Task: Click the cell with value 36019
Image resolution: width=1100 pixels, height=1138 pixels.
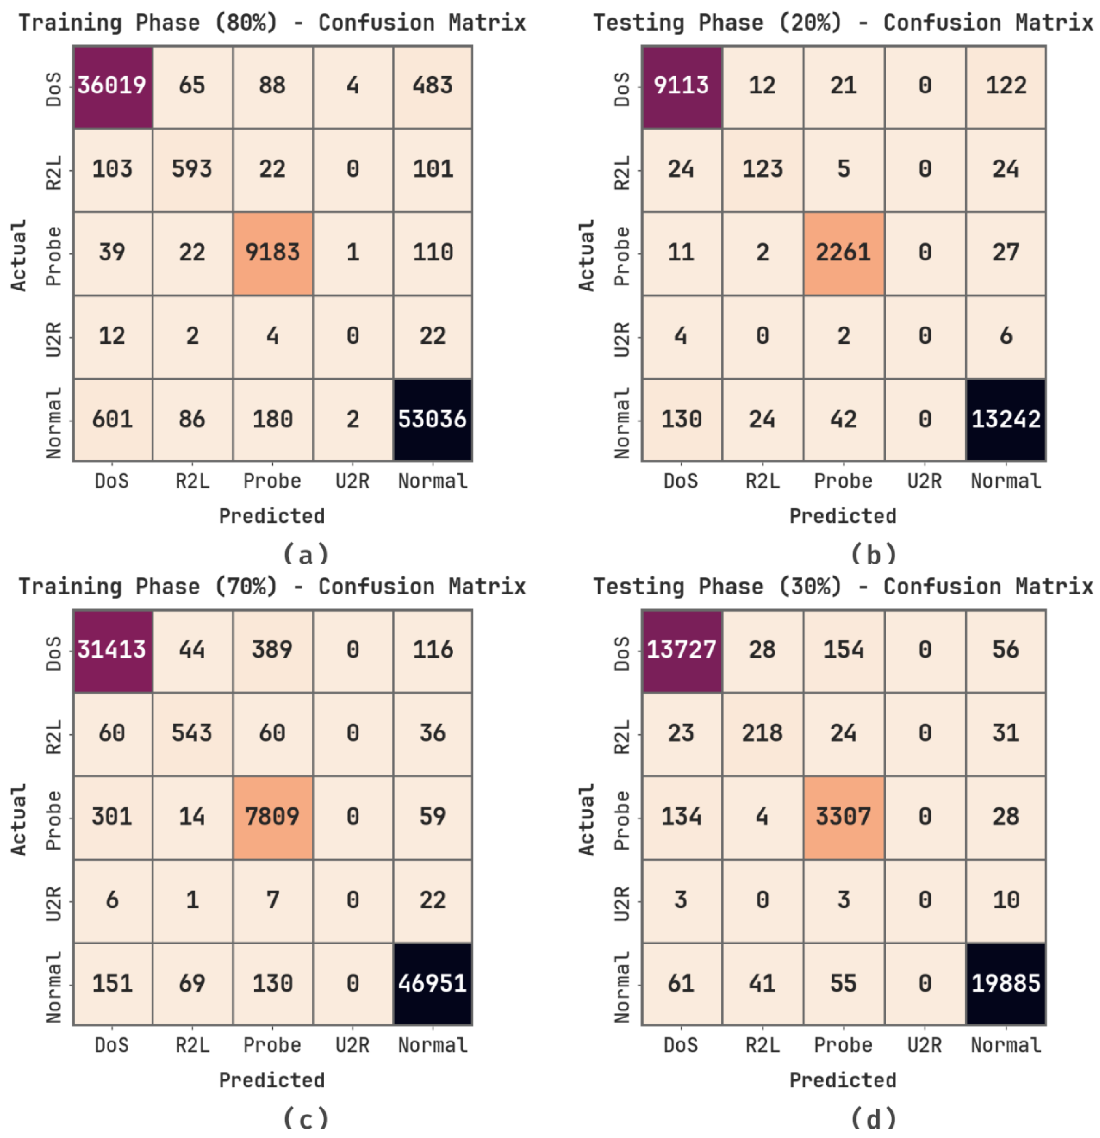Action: tap(112, 86)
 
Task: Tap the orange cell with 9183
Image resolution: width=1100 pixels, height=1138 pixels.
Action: tap(272, 253)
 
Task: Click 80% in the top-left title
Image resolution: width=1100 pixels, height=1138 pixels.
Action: tap(246, 23)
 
